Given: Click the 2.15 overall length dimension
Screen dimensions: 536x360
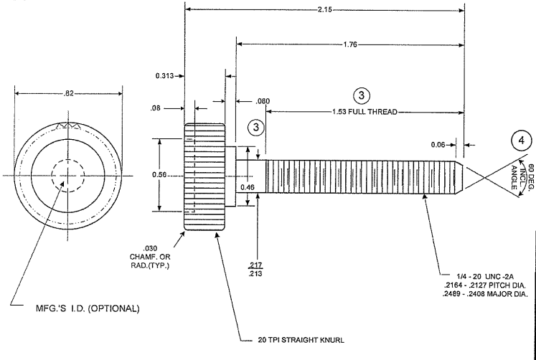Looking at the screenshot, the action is [325, 10].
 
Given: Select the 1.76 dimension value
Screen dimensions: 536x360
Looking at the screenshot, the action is [350, 44].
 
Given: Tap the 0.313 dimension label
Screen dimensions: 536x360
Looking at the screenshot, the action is [165, 76].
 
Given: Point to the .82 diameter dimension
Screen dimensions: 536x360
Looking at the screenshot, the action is [68, 93].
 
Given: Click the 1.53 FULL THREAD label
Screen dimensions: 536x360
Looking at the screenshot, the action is [365, 112].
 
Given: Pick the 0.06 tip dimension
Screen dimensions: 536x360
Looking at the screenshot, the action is [438, 145].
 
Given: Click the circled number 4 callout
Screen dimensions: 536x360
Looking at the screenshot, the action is [522, 141].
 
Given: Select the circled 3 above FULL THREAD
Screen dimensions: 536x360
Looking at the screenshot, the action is [362, 95].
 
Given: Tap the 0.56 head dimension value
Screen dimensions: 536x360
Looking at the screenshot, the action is [159, 175].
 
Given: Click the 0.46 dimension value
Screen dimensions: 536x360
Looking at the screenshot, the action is [248, 187].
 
